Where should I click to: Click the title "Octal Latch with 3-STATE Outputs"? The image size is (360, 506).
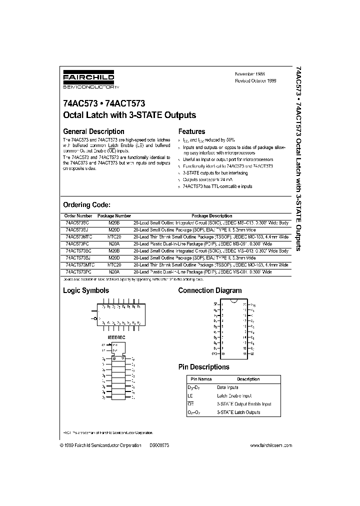[x=129, y=115]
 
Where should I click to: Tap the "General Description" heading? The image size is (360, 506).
[x=93, y=131]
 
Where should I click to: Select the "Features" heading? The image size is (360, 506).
[x=192, y=131]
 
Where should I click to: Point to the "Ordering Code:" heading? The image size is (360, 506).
[x=86, y=205]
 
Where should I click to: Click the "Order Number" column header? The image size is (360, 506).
[x=76, y=216]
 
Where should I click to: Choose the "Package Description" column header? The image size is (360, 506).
[x=212, y=216]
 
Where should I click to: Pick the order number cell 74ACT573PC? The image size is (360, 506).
[x=78, y=271]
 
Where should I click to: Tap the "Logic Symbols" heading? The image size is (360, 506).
[x=85, y=290]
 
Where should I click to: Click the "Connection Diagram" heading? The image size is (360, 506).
[x=210, y=290]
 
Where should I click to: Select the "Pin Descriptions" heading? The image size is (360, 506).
[x=204, y=367]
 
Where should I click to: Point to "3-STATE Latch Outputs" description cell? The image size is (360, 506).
[x=238, y=412]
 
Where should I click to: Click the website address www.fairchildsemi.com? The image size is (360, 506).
[x=270, y=445]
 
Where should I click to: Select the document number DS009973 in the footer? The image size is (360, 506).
[x=159, y=445]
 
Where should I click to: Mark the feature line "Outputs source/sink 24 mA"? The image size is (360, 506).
[x=207, y=179]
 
